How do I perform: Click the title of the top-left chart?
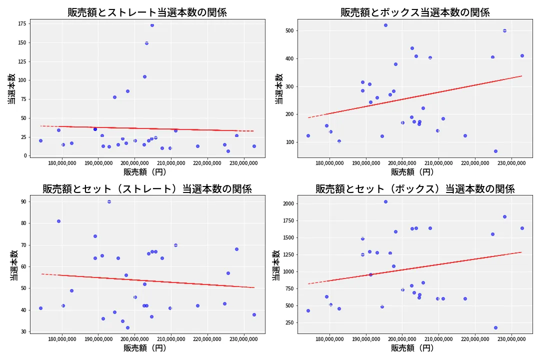[x=147, y=12]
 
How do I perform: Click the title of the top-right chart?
[x=415, y=12]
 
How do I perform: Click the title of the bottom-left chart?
[x=147, y=189]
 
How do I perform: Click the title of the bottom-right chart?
[x=415, y=189]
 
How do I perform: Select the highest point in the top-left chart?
[x=152, y=25]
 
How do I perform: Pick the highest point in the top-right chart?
[x=385, y=25]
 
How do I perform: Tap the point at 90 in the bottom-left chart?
[x=109, y=201]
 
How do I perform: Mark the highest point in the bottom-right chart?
[x=385, y=201]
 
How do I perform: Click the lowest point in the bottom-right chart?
[x=495, y=327]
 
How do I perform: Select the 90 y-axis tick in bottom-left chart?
[x=23, y=201]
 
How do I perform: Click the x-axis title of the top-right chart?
[x=412, y=172]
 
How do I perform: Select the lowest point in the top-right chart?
[x=495, y=151]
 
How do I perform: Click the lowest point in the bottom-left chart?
[x=127, y=327]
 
